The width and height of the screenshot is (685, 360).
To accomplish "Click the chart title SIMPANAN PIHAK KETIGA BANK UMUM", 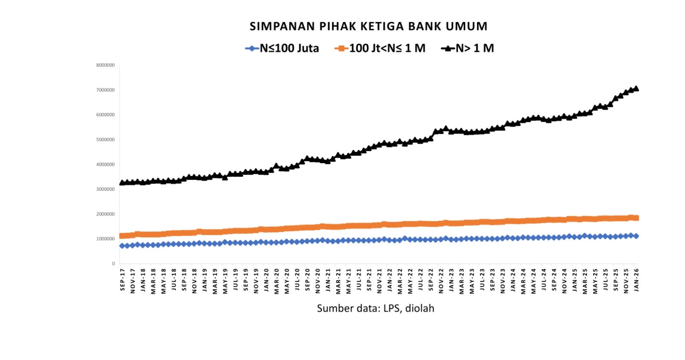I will (368, 26).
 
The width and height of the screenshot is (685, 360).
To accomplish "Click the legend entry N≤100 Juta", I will (289, 48).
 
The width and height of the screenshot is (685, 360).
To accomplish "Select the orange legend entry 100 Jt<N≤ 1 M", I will (387, 48).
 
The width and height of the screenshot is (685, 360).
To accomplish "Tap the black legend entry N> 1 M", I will (474, 48).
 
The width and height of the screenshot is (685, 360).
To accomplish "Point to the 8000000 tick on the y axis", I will (105, 65).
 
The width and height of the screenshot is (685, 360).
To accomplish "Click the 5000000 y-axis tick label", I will (105, 139).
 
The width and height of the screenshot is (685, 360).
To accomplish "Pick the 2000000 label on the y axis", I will (105, 214).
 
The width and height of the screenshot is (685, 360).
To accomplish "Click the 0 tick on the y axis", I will (113, 263).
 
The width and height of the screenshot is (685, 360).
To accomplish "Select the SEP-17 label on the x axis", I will (122, 280).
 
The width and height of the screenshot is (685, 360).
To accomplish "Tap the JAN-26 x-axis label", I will (636, 280).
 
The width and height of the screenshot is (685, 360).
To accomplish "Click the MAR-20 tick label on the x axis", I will (277, 281).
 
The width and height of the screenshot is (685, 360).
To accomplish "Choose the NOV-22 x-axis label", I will (441, 281).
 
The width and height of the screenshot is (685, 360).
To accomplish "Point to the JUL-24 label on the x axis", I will (544, 280).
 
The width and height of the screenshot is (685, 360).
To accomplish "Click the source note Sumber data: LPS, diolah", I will (375, 308).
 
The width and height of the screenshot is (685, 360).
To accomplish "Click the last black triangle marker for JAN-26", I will (636, 88).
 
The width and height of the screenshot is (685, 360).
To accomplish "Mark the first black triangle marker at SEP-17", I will (122, 183).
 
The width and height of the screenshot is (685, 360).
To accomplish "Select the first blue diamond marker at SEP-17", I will (122, 246).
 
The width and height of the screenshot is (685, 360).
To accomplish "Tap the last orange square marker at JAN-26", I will (636, 218).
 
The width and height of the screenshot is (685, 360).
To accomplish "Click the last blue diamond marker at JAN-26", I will (636, 236).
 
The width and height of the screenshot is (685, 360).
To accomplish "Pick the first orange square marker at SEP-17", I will (122, 236).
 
